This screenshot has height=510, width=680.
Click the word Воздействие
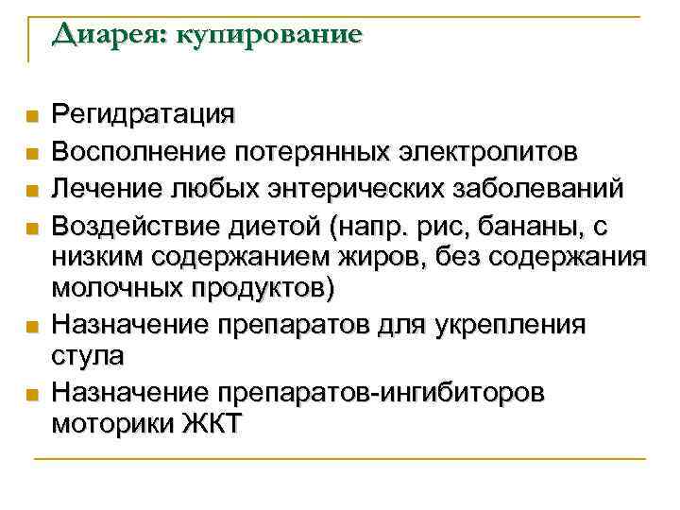(x=129, y=223)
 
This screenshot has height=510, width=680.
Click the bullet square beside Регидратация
(x=32, y=118)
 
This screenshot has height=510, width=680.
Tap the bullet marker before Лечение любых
(x=32, y=189)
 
